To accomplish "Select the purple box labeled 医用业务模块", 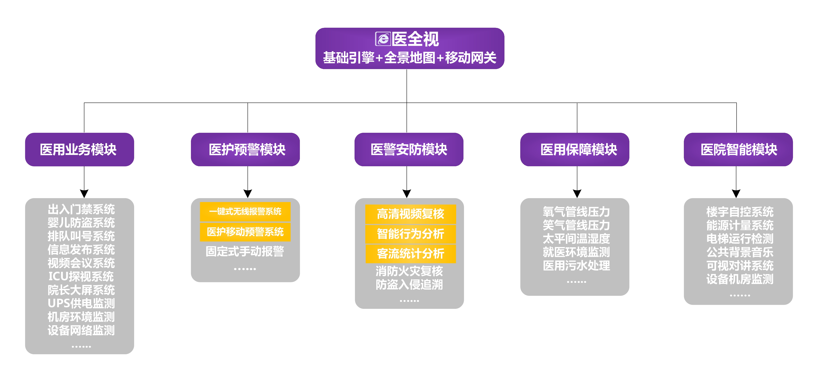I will [x=79, y=150].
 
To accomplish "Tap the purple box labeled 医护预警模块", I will [x=245, y=150].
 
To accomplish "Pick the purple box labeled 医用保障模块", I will [x=575, y=150].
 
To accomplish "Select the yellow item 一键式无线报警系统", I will [x=245, y=211].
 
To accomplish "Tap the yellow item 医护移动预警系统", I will [x=245, y=232].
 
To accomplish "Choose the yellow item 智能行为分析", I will [x=410, y=234].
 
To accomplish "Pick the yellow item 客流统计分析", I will [x=410, y=254].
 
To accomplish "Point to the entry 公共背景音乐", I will [x=740, y=252].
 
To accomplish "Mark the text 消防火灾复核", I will [x=409, y=271].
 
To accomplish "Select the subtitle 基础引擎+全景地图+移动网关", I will [x=410, y=58].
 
